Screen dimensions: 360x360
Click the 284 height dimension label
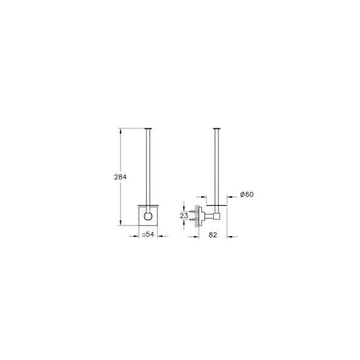120,177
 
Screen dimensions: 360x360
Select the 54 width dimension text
150,234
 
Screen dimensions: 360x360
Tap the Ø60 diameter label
247,195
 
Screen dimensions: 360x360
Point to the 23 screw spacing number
184,216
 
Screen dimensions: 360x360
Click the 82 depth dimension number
213,235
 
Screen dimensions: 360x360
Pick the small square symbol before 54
144,235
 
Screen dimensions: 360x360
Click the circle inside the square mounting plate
148,216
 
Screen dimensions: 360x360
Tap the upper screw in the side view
194,211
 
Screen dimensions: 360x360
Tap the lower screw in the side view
194,220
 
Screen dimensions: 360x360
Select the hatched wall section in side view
197,216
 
